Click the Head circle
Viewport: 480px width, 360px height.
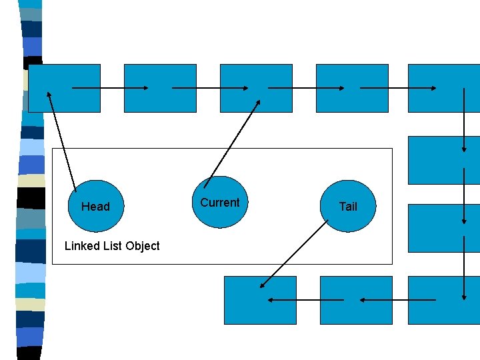pyautogui.click(x=96, y=206)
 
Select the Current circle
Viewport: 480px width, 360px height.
pyautogui.click(x=220, y=202)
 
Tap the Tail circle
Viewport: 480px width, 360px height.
pyautogui.click(x=348, y=206)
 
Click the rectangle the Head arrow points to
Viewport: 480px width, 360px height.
pyautogui.click(x=65, y=87)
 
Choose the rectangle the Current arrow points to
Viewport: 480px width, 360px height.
pyautogui.click(x=256, y=87)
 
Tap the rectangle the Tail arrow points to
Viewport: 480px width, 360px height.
pyautogui.click(x=260, y=300)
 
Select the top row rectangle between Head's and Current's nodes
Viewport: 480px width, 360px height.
pyautogui.click(x=161, y=87)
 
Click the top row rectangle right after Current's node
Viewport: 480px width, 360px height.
pyautogui.click(x=352, y=87)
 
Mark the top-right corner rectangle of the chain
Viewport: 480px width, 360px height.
pyautogui.click(x=444, y=87)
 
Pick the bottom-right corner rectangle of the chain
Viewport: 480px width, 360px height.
pyautogui.click(x=444, y=300)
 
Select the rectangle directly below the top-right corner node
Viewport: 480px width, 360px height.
pyautogui.click(x=444, y=160)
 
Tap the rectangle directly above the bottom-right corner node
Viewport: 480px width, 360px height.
pyautogui.click(x=444, y=228)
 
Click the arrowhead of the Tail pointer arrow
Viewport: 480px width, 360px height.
pyautogui.click(x=262, y=287)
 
